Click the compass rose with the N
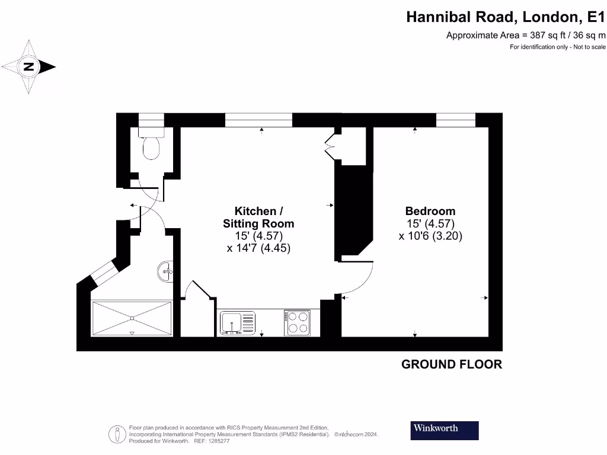(x=28, y=66)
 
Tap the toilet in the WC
(x=152, y=145)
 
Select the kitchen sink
(x=237, y=323)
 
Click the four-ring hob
(x=297, y=323)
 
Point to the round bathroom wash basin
(x=166, y=272)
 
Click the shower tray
(x=132, y=319)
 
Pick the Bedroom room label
(x=430, y=211)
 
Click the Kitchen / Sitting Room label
(x=258, y=217)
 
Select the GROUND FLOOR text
(x=452, y=364)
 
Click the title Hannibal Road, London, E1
(x=506, y=17)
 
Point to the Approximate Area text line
(x=526, y=36)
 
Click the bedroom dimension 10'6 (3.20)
(x=430, y=235)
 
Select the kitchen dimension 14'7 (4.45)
(x=258, y=248)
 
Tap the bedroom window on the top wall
(x=455, y=120)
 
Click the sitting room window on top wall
(x=258, y=120)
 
